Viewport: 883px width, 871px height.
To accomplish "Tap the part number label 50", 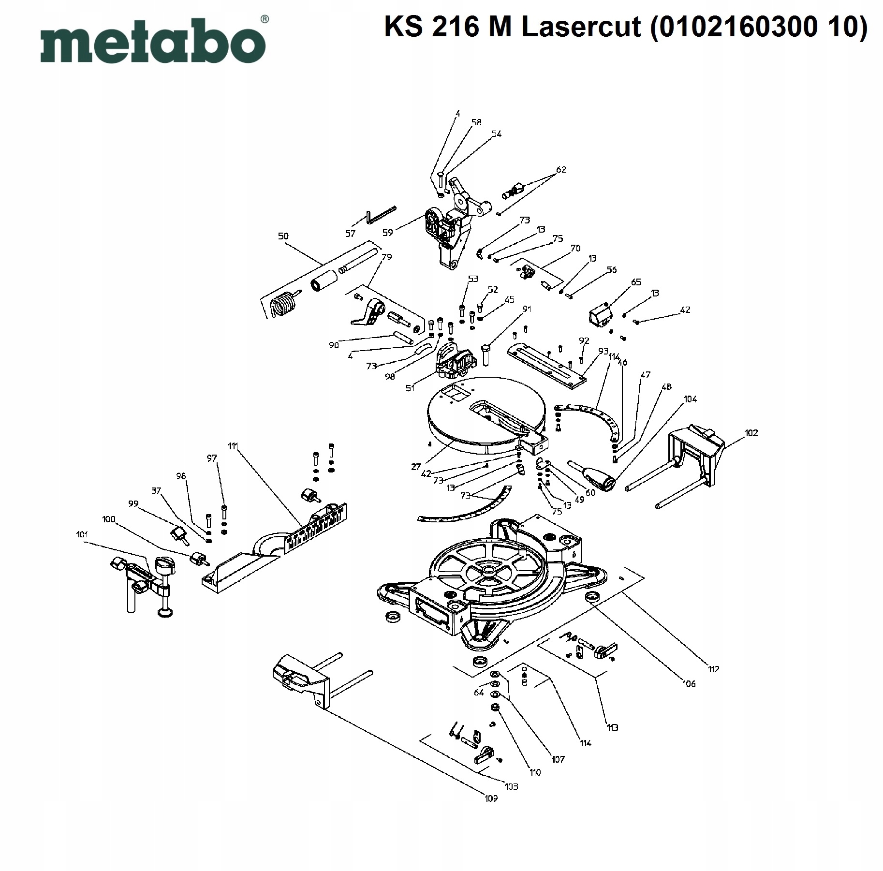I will (283, 236).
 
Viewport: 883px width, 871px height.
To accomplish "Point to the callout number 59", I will (387, 233).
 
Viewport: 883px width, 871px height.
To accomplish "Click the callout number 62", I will (561, 170).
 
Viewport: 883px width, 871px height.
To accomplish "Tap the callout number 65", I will (636, 282).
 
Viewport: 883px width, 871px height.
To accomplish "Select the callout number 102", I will (751, 433).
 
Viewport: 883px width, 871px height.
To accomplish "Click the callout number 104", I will (690, 399).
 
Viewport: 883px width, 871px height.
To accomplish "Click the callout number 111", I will (233, 446).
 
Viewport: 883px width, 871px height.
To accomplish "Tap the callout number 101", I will (82, 534).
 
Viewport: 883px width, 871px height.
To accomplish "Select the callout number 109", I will (491, 798).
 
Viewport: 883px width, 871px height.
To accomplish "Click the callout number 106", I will (689, 683).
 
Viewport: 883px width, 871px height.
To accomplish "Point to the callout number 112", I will (713, 669).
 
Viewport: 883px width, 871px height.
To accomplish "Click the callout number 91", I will (527, 309).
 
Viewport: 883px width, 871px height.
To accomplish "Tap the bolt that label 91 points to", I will (486, 355).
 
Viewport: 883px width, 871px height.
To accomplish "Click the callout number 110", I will (535, 772).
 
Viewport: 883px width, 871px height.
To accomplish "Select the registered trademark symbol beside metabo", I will (265, 19).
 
